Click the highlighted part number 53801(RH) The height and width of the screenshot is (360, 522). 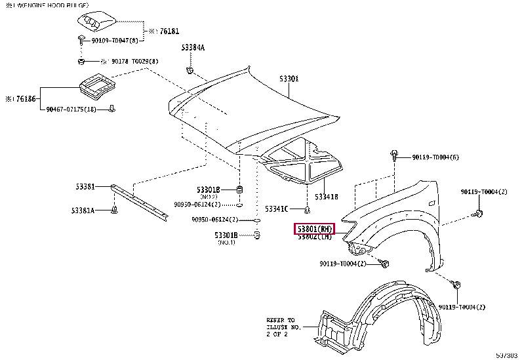[315, 229]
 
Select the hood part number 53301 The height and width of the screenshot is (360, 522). [289, 79]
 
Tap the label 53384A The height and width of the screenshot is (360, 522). [193, 47]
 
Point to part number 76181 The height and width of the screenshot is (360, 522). [168, 31]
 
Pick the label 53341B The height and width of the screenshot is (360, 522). [326, 196]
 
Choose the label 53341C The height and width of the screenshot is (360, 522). [276, 209]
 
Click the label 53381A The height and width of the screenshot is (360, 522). [83, 210]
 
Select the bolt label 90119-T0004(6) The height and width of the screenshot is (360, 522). [435, 157]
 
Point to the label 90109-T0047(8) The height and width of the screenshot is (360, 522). [115, 41]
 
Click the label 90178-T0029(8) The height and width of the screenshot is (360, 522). [134, 62]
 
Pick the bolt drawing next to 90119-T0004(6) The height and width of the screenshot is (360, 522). [395, 155]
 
